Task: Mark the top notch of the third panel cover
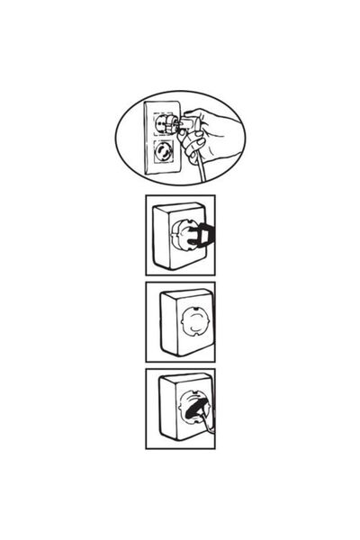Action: tap(193, 305)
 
